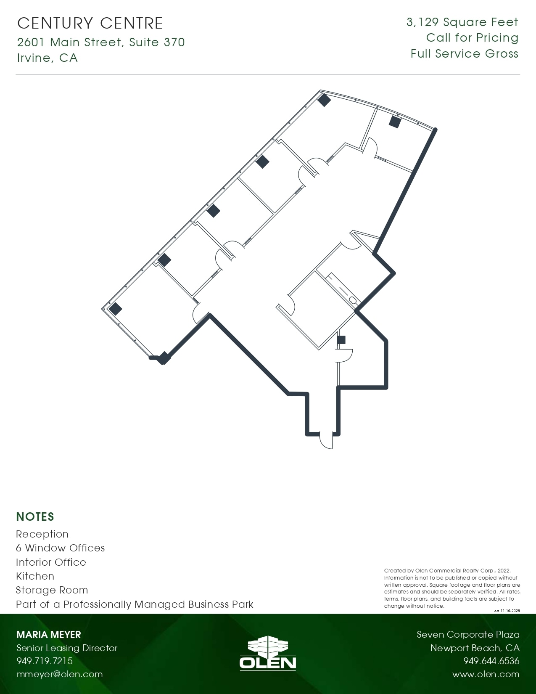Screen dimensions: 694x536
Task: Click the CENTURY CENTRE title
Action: (90, 23)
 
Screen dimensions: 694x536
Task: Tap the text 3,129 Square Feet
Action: (462, 22)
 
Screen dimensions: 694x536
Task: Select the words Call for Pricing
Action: (472, 38)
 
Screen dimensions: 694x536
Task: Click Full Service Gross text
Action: (464, 54)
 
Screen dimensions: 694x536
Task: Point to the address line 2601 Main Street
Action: (101, 42)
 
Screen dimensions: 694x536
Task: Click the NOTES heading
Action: (35, 517)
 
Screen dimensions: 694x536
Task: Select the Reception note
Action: (42, 534)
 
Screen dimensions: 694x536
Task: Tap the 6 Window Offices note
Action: (60, 548)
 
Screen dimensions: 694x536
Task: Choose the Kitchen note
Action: (35, 576)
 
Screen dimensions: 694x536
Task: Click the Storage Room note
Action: (52, 590)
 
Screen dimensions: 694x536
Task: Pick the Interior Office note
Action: (51, 562)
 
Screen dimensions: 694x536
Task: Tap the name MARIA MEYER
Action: (48, 635)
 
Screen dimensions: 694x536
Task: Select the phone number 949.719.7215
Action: (45, 661)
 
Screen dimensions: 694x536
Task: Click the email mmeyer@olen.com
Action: (59, 674)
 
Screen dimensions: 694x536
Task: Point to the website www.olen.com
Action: (486, 674)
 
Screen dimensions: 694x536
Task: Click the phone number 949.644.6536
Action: (491, 661)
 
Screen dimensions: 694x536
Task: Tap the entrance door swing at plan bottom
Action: (326, 440)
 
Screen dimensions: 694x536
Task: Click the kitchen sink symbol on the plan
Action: (352, 299)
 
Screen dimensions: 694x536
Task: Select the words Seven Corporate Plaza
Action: (468, 635)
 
